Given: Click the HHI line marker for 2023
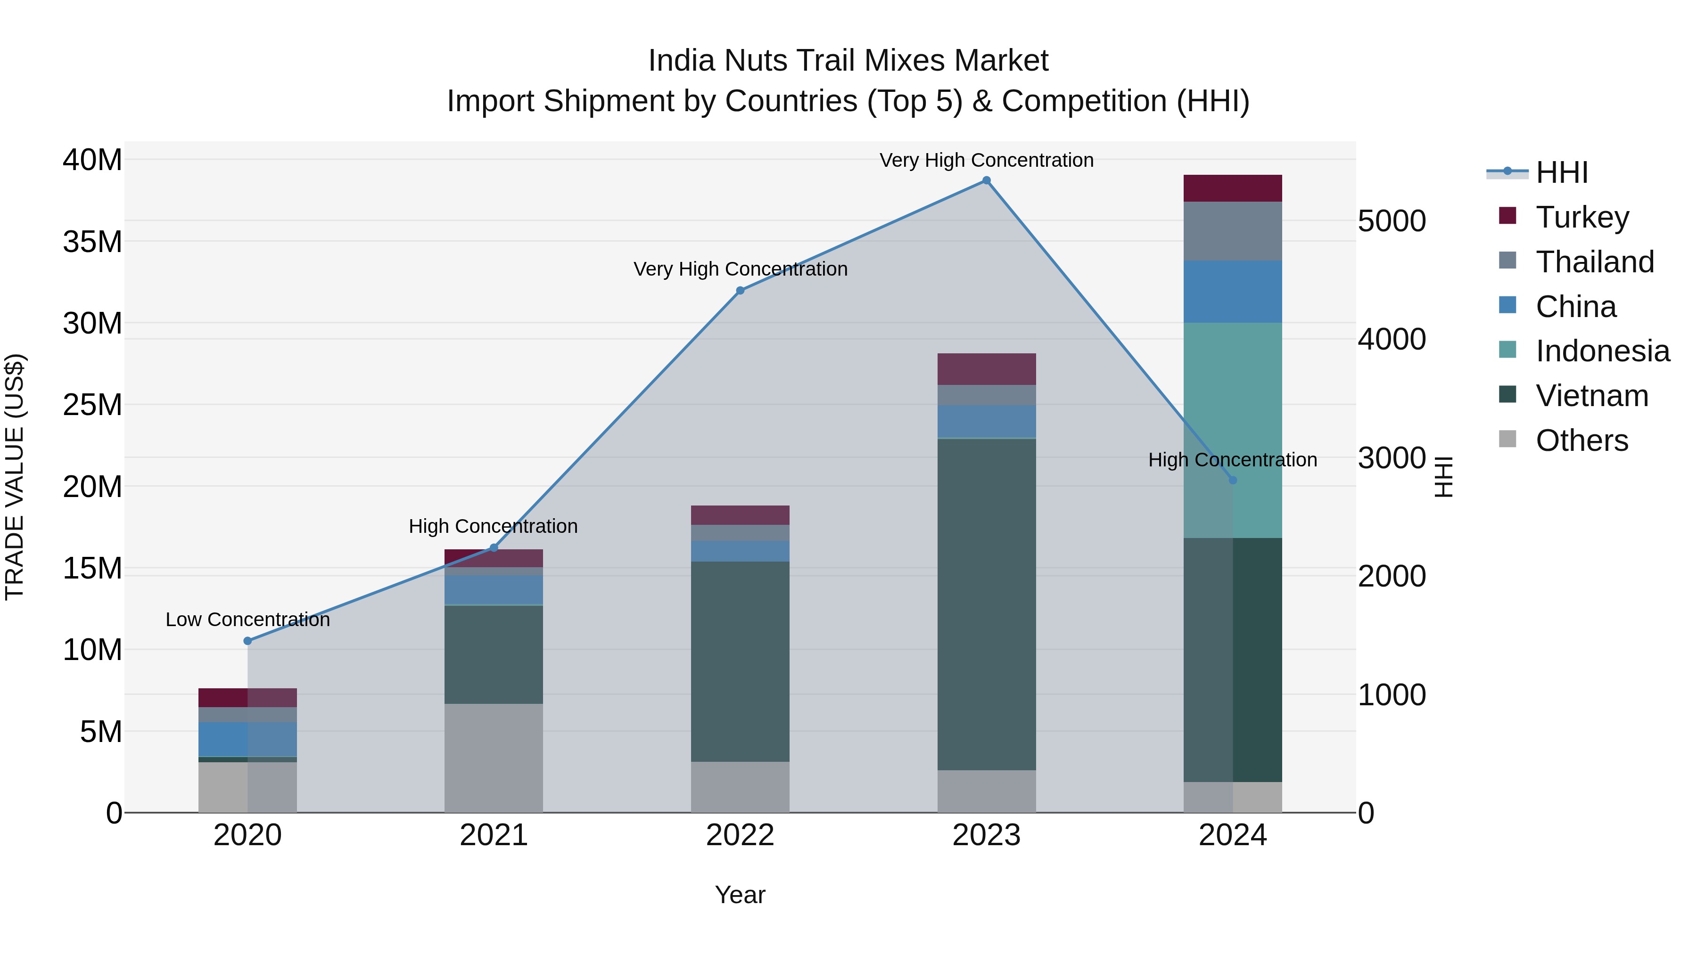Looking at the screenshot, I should (986, 180).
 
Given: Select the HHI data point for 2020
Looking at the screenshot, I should (247, 641).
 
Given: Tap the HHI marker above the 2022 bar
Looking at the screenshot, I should (740, 290).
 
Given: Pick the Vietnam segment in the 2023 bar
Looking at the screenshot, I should (986, 604).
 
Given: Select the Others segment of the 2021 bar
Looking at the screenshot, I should (494, 758).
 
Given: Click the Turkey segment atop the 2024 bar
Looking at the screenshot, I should (1233, 188).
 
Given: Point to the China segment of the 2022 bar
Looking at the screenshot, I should (740, 551).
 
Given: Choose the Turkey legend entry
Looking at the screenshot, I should (1582, 217).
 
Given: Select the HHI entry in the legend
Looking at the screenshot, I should (1561, 172).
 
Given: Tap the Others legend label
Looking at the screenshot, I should (1582, 440).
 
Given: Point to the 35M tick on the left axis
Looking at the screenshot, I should (92, 242).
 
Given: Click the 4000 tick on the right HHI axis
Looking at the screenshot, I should (1392, 340).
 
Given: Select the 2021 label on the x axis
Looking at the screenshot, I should (494, 835).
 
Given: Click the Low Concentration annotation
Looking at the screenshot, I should (247, 620).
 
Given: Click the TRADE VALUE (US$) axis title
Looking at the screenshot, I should (15, 477).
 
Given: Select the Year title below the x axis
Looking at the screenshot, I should (740, 895).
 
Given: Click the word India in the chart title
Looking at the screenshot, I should (681, 61).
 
